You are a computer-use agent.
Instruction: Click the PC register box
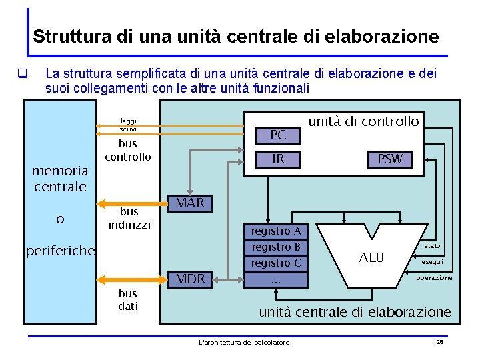coord(278,135)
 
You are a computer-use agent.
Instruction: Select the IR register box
coord(278,159)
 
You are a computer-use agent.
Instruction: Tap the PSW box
coord(390,159)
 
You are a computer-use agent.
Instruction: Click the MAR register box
coord(190,203)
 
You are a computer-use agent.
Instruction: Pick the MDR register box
coord(190,279)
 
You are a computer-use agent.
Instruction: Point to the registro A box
coord(276,231)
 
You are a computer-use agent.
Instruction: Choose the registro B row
coord(276,247)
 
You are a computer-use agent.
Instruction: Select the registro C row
coord(276,263)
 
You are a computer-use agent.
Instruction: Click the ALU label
coord(371,257)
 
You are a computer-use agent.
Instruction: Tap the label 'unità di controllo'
coord(363,121)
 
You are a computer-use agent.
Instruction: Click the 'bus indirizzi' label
coord(129,218)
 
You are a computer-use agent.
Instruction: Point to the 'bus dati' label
coord(127,300)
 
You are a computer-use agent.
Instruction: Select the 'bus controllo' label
coord(127,150)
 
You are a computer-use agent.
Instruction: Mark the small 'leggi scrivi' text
coord(128,125)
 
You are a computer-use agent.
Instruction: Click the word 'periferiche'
coord(60,251)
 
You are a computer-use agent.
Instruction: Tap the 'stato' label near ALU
coord(431,246)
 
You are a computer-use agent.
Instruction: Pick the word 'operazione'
coord(434,277)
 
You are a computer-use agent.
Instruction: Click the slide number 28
coord(439,341)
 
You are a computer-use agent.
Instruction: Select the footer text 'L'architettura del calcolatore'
coord(244,342)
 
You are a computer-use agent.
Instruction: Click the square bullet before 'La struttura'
coord(22,73)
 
